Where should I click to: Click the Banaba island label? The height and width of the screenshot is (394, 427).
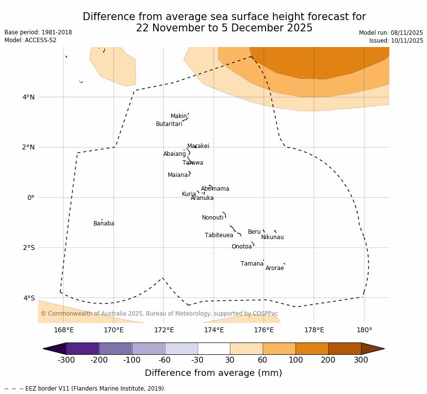point(104,224)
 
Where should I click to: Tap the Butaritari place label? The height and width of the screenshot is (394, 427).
point(169,124)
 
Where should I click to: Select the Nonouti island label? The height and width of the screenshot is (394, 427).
point(212,218)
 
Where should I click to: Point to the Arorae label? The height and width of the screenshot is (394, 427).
point(274,269)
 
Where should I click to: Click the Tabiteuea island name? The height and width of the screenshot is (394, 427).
point(219,236)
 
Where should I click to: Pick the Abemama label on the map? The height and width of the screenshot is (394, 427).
point(215,189)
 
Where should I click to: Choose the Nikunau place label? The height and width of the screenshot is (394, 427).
point(272,238)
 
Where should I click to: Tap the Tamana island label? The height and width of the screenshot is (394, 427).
point(251,264)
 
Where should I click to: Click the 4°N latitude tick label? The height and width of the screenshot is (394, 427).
point(29,97)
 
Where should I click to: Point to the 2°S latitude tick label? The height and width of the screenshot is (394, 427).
point(29,248)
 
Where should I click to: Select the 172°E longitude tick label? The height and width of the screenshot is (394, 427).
point(163,330)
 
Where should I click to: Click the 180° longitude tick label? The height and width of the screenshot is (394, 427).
point(364,330)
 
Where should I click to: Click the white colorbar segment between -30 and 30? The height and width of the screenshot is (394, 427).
point(214,348)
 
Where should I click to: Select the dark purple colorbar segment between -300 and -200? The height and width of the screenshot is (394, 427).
point(83,348)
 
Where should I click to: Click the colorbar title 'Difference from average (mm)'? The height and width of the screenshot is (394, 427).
point(213,373)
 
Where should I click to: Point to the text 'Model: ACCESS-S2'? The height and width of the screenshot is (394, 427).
point(30,41)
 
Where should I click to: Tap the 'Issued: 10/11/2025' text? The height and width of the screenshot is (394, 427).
point(396,41)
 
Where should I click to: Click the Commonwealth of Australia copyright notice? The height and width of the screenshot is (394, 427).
point(159,314)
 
